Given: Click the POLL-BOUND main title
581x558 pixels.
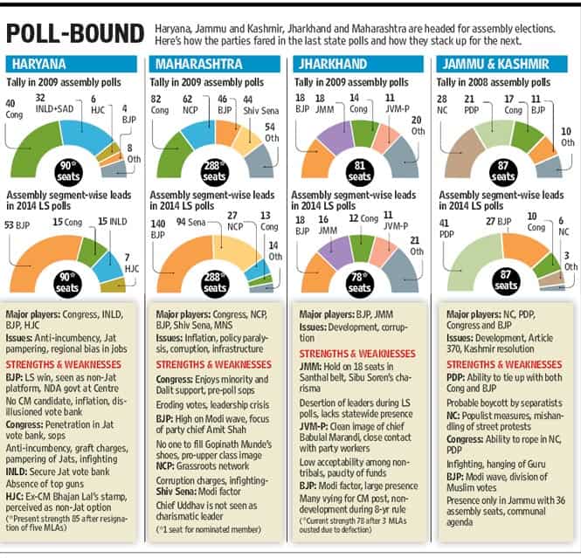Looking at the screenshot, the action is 75,33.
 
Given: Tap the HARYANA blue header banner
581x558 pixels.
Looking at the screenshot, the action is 71,64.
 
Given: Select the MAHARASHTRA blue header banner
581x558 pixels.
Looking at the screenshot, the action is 215,64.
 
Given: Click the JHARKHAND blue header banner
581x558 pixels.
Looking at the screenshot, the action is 358,64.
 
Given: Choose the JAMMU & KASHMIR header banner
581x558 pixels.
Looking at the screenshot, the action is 501,64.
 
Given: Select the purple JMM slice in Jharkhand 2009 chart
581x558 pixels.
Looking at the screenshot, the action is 335,136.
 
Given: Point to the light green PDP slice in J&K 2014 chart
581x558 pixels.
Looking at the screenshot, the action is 471,261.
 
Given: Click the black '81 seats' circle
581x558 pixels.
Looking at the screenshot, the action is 359,171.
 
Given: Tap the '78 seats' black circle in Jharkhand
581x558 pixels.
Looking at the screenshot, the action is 359,283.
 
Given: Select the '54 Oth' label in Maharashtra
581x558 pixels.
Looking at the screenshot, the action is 272,133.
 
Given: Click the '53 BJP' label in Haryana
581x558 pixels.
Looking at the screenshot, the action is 17,225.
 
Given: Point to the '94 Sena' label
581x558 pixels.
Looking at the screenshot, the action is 190,222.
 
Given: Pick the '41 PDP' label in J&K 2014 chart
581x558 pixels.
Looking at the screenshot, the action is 446,229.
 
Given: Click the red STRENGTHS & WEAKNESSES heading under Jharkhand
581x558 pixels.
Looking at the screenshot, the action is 357,354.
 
